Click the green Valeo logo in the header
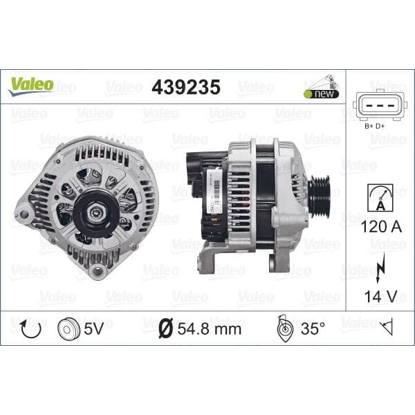30,85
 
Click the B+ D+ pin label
374,127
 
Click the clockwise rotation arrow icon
28,328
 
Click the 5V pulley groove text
97,329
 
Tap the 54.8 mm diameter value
209,329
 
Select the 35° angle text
313,329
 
